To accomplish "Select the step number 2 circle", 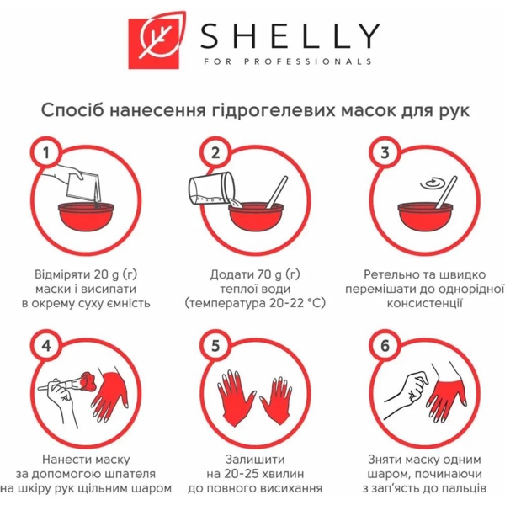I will tap(215, 152).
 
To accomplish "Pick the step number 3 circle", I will tap(385, 152).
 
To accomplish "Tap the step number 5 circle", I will tap(215, 345).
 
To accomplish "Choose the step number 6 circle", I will tap(385, 345).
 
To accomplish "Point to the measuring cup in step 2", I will tap(205, 192).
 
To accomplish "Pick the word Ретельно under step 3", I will tap(393, 274).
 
